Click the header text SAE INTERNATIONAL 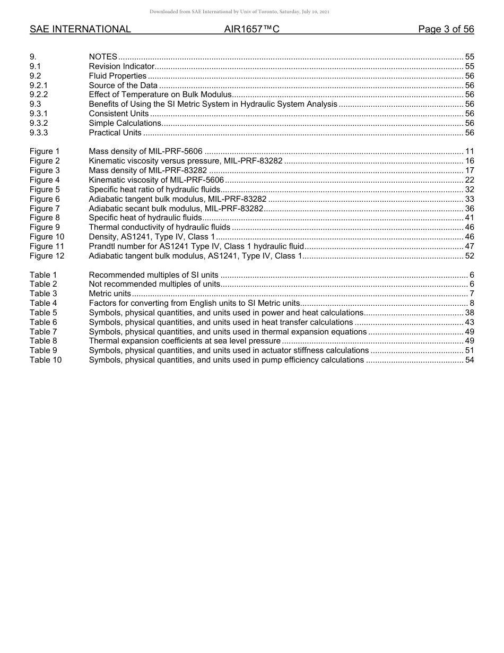click(80, 30)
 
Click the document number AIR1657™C click(251, 30)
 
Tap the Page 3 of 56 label click(446, 30)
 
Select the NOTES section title click(103, 57)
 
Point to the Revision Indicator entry click(121, 66)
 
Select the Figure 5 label click(45, 190)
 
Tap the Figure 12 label click(47, 256)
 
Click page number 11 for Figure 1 click(469, 151)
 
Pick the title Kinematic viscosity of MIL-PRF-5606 click(156, 180)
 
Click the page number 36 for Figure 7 click(469, 208)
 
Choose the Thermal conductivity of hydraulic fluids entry click(159, 227)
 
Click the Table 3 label click(43, 294)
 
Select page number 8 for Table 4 click(472, 303)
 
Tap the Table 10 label click(45, 360)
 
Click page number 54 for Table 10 click(469, 360)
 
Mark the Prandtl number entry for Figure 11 click(196, 246)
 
